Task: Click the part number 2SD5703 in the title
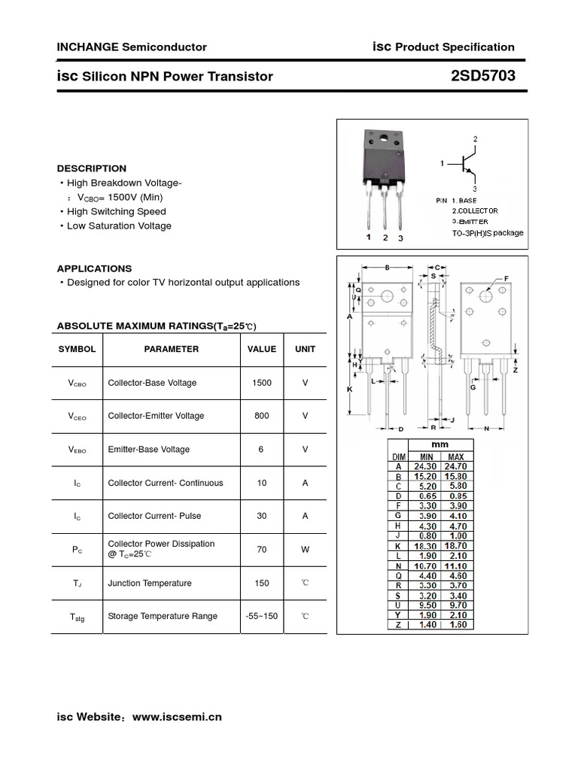coord(482,76)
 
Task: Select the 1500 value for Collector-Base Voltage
coord(262,383)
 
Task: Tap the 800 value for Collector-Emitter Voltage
coord(262,416)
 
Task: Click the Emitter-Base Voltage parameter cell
coord(148,449)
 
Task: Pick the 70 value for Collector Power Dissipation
coord(262,550)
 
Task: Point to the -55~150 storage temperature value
coord(262,616)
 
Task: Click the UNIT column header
coord(305,349)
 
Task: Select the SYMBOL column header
coord(78,349)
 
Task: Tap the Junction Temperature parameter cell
coord(149,583)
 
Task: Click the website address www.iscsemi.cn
coord(177,717)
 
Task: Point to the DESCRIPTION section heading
coord(92,168)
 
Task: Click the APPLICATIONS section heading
coord(94,268)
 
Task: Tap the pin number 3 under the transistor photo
coord(401,238)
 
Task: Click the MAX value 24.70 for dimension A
coord(456,466)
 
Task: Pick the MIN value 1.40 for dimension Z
coord(427,624)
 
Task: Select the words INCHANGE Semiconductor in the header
coord(132,47)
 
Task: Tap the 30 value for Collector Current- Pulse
coord(262,516)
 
